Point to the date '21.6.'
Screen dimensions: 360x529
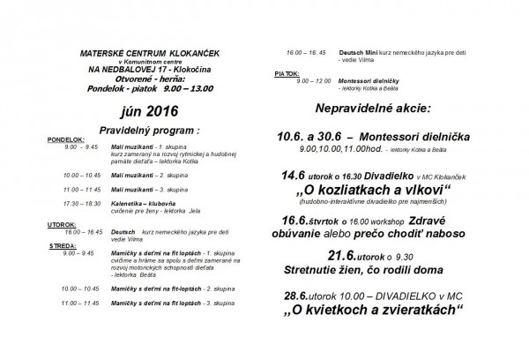tap(343, 255)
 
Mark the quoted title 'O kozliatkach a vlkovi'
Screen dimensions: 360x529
tap(376, 191)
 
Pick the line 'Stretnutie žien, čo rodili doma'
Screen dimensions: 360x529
tap(375, 270)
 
